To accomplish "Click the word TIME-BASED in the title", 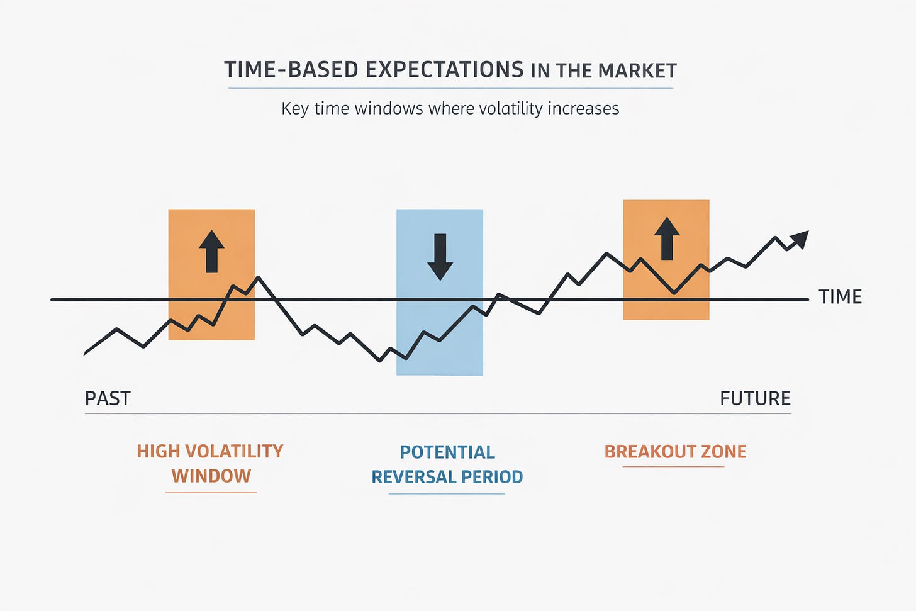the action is coord(292,69).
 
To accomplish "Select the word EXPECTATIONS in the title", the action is coord(445,69).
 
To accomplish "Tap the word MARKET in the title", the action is coord(637,70).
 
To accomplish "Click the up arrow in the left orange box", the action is coord(211,252).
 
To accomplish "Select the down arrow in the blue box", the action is coord(440,257).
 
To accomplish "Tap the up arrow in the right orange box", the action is coord(667,238).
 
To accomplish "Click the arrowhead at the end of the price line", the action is coord(800,239).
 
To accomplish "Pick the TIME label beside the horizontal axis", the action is coord(841,297).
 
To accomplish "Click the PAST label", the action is coord(108,398).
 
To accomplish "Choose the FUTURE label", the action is coord(756,398).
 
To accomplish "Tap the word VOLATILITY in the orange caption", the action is coord(234,452).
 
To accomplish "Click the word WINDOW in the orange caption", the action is coord(211,476).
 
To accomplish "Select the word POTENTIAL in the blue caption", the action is coord(447,452).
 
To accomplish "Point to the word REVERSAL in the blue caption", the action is coord(413,477).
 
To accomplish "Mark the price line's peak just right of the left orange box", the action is coord(259,277).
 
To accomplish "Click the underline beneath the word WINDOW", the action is coord(211,493).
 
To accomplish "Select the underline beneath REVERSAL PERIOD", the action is coord(447,494).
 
